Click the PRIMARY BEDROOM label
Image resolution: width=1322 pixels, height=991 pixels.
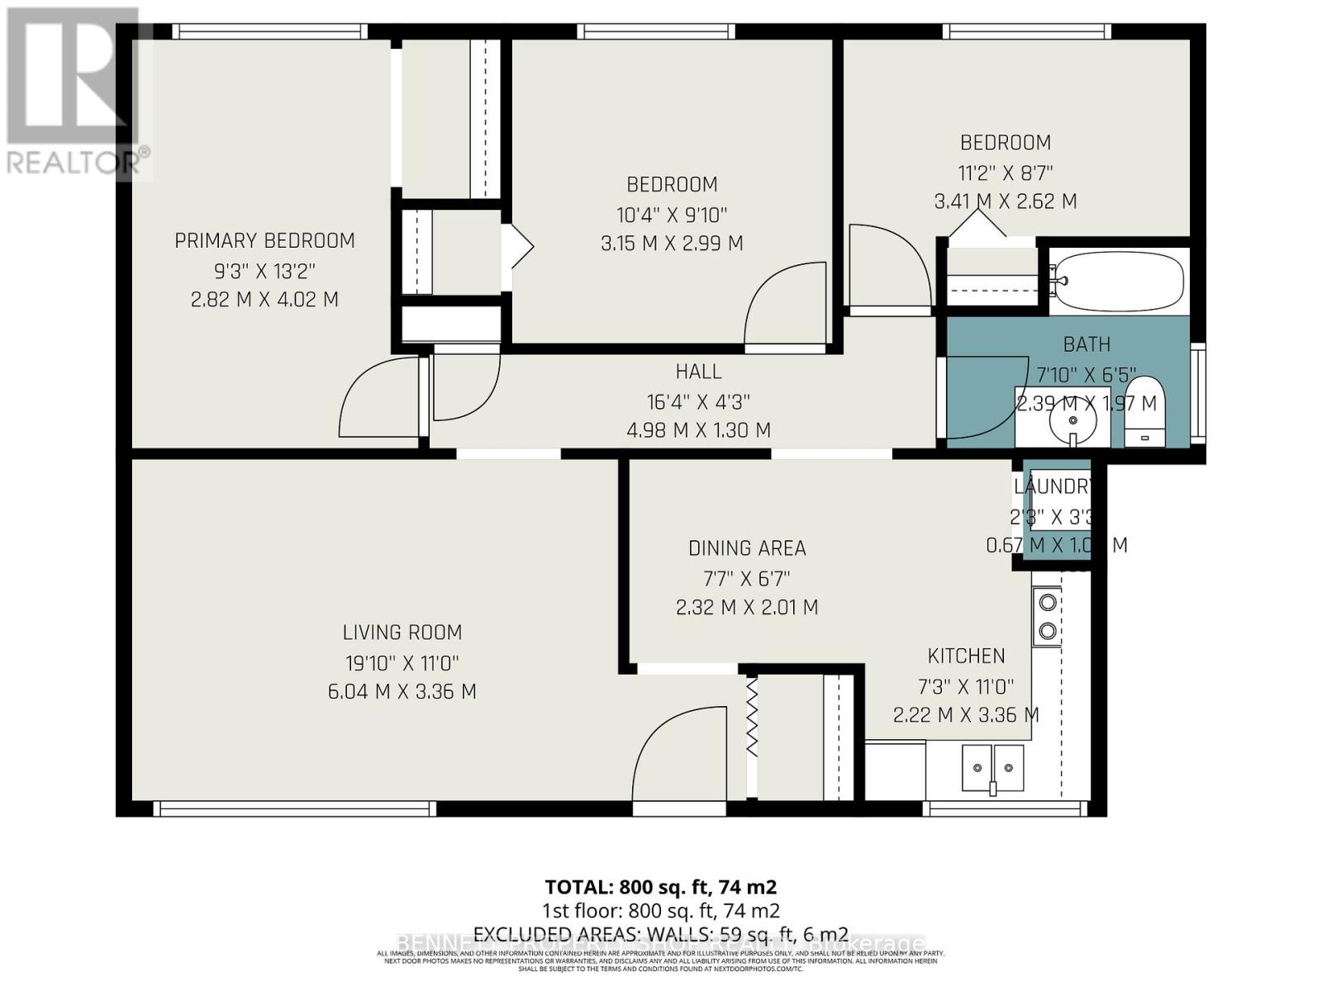tap(264, 240)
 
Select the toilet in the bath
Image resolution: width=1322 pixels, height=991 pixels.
tap(1144, 410)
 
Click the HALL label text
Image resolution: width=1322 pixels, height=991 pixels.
tap(698, 372)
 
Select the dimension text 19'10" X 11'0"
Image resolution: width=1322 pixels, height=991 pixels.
tap(402, 662)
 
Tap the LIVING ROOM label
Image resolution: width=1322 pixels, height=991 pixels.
tap(402, 633)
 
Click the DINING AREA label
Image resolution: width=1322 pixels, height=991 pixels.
tap(747, 548)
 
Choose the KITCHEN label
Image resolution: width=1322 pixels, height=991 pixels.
tap(966, 657)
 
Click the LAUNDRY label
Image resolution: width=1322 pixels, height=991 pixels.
tap(1053, 486)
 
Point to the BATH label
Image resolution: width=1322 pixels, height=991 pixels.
tap(1087, 344)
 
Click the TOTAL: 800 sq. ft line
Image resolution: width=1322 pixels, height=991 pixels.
tap(660, 887)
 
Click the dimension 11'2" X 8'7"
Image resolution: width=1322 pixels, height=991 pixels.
tap(1005, 173)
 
